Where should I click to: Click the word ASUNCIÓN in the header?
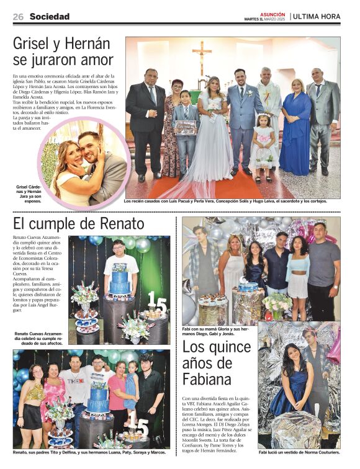pyautogui.click(x=272, y=14)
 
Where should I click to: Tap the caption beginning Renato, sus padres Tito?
pyautogui.click(x=91, y=452)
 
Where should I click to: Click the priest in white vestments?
pyautogui.click(x=268, y=112)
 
